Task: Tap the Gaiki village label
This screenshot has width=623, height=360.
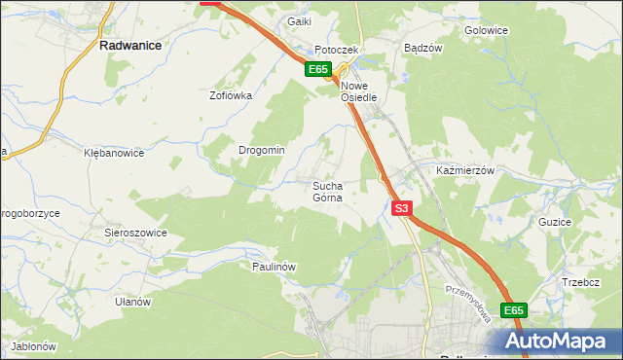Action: pyautogui.click(x=299, y=21)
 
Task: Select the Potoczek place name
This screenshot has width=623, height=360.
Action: pyautogui.click(x=337, y=50)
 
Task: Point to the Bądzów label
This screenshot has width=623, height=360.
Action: pyautogui.click(x=423, y=47)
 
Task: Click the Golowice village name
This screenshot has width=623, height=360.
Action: pyautogui.click(x=487, y=30)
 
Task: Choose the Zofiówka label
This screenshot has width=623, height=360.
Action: pyautogui.click(x=232, y=95)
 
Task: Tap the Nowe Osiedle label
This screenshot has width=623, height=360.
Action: pyautogui.click(x=365, y=90)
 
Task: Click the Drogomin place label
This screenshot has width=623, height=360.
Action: pyautogui.click(x=262, y=150)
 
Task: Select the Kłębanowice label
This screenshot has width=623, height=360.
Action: pyautogui.click(x=114, y=153)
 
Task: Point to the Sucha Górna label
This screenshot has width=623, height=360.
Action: pyautogui.click(x=328, y=191)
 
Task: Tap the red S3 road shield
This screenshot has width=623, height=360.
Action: pyautogui.click(x=403, y=208)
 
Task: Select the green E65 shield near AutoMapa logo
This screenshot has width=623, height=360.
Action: pyautogui.click(x=514, y=310)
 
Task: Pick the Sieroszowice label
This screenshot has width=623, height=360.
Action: pyautogui.click(x=136, y=233)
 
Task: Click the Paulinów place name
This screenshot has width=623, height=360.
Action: pyautogui.click(x=274, y=266)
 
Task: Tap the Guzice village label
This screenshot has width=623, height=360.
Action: pyautogui.click(x=554, y=222)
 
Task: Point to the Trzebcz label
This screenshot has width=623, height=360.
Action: pyautogui.click(x=579, y=282)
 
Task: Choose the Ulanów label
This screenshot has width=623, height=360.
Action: pyautogui.click(x=132, y=302)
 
